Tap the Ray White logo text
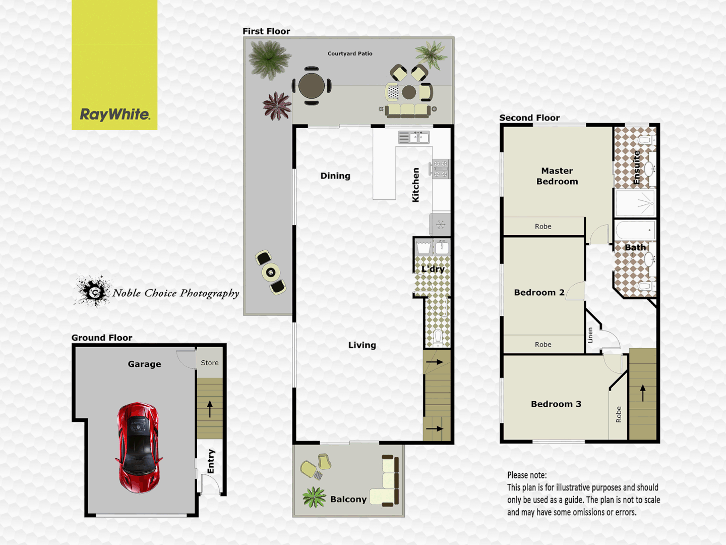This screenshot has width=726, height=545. pos(115,115)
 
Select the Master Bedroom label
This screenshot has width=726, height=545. pos(557,176)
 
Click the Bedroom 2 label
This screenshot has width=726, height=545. pos(539,293)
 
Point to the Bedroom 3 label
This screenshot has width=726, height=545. pos(556,404)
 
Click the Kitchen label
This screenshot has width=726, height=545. pos(416,185)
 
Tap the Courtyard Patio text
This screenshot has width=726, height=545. pos(350,53)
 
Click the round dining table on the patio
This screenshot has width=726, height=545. pos(312,86)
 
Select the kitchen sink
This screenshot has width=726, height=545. pos(413,137)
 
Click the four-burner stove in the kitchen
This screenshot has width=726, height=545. pos(440,169)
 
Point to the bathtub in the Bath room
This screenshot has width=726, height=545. pos(635,230)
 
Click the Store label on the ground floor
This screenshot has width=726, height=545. pos(210,363)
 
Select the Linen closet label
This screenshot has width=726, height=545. pos(590,335)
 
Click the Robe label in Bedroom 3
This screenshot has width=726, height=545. pos(619,414)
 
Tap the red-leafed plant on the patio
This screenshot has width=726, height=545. pos(276,106)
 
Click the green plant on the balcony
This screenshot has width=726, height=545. pos(314,497)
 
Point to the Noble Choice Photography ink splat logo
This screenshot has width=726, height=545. pos(93,291)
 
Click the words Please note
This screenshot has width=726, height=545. pos(527,475)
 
